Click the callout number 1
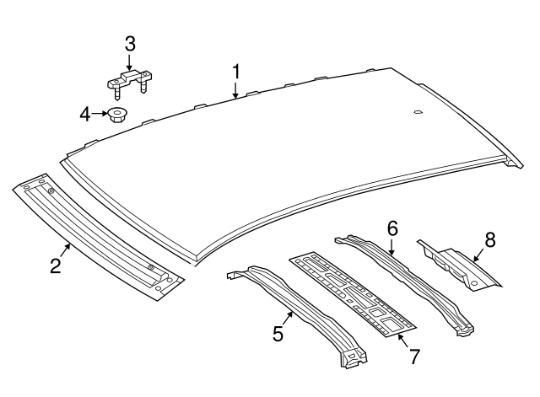point(236,72)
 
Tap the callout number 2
point(56,266)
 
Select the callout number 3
point(130,45)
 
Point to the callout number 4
point(85,115)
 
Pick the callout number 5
point(278,333)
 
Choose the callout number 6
point(392,228)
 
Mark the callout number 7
point(414,357)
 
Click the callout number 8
point(490,239)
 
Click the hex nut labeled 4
point(116,115)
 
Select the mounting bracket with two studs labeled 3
point(128,82)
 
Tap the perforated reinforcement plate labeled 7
point(353,293)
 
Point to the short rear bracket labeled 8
point(459,266)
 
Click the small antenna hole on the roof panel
point(418,111)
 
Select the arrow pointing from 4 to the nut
point(100,114)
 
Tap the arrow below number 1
point(235,90)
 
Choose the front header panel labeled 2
point(99,237)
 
